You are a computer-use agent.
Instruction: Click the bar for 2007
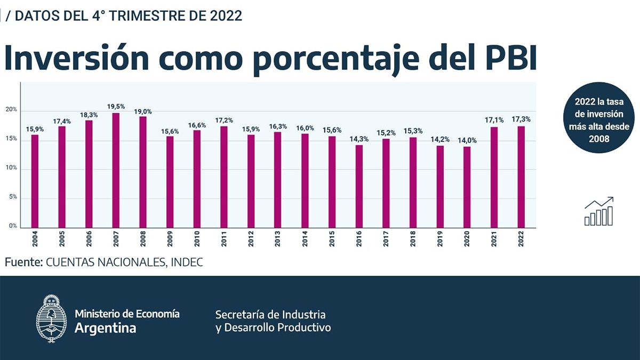[116, 170]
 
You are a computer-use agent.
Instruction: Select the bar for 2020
[467, 187]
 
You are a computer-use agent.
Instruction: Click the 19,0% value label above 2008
[143, 111]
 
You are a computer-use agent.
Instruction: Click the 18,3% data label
[89, 115]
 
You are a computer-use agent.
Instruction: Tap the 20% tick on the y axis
[11, 110]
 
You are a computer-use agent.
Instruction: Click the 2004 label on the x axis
[35, 238]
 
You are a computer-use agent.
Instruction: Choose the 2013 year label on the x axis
[278, 238]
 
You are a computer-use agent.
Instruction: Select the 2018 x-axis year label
[413, 238]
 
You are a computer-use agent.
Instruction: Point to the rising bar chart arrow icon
[599, 212]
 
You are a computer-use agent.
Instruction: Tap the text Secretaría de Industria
[270, 314]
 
